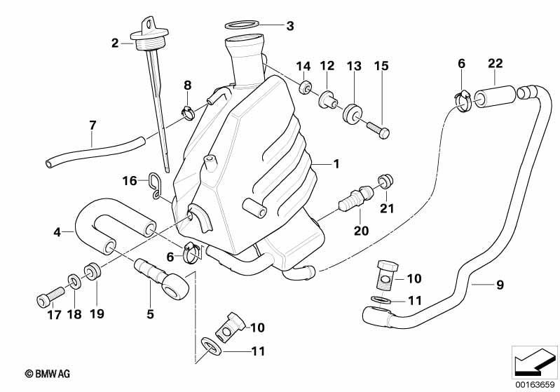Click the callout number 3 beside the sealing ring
[x=290, y=26]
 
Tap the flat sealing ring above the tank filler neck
[x=241, y=25]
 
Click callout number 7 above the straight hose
[x=93, y=126]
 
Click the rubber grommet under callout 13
[x=353, y=113]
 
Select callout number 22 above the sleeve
[x=495, y=63]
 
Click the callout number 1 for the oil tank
[x=336, y=164]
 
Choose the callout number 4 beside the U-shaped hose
[x=57, y=232]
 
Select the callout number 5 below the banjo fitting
[x=151, y=314]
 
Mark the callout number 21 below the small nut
[x=387, y=208]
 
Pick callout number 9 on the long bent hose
[x=500, y=285]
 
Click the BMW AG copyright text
[x=48, y=374]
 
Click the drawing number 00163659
[x=535, y=385]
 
